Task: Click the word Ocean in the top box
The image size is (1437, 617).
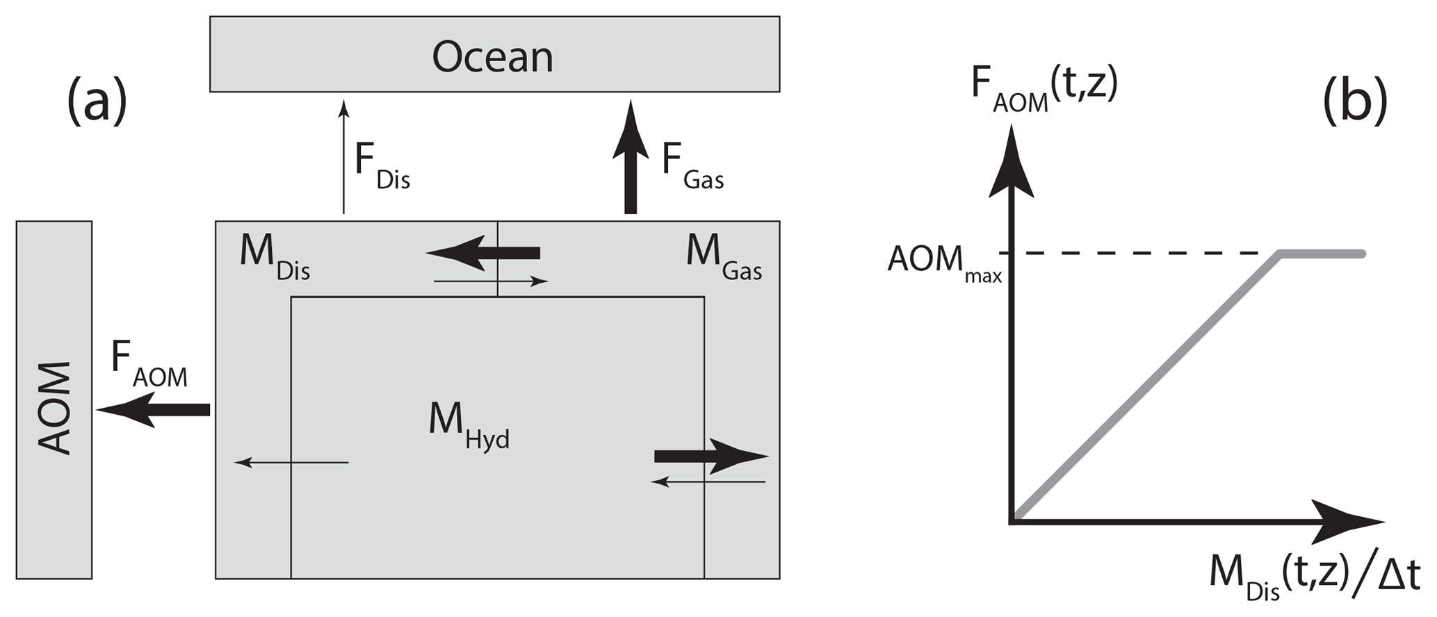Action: pos(492,57)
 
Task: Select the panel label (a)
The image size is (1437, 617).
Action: pos(97,101)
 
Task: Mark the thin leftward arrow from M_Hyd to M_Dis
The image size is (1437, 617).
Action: pos(291,462)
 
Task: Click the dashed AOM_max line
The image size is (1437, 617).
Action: pos(1147,254)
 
